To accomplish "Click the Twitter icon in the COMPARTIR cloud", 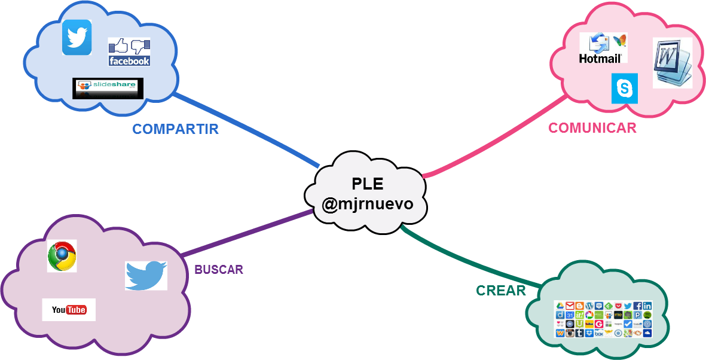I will click(77, 37).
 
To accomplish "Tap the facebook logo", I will click(129, 53).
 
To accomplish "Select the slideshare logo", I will click(105, 88).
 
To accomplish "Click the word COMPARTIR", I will click(175, 129).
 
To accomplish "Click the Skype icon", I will click(625, 89).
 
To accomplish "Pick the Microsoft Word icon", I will click(672, 63).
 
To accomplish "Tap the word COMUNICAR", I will click(592, 128).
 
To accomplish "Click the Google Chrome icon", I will click(62, 256).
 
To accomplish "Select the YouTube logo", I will click(69, 310).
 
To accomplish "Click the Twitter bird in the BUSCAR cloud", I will click(146, 275).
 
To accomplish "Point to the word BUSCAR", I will click(219, 270).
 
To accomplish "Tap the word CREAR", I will click(500, 291).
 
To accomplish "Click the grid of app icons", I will click(603, 319).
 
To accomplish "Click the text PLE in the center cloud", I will click(367, 184).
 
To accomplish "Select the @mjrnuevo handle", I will click(367, 204).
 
